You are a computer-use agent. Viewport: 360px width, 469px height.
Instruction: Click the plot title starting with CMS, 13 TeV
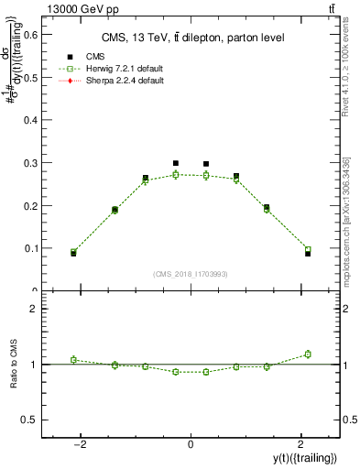[191, 38]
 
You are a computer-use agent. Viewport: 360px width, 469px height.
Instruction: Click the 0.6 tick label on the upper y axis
[32, 35]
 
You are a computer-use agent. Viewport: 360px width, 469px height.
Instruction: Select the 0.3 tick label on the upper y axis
[32, 163]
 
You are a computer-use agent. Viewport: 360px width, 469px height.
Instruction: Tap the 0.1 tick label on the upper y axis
[32, 248]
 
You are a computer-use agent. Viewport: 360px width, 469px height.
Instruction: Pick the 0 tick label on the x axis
[191, 444]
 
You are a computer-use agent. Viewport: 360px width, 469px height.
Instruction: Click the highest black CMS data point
[175, 163]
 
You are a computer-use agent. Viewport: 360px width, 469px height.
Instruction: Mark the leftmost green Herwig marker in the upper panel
[73, 252]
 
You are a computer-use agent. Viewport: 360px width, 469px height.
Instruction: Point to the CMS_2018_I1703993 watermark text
[190, 274]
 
